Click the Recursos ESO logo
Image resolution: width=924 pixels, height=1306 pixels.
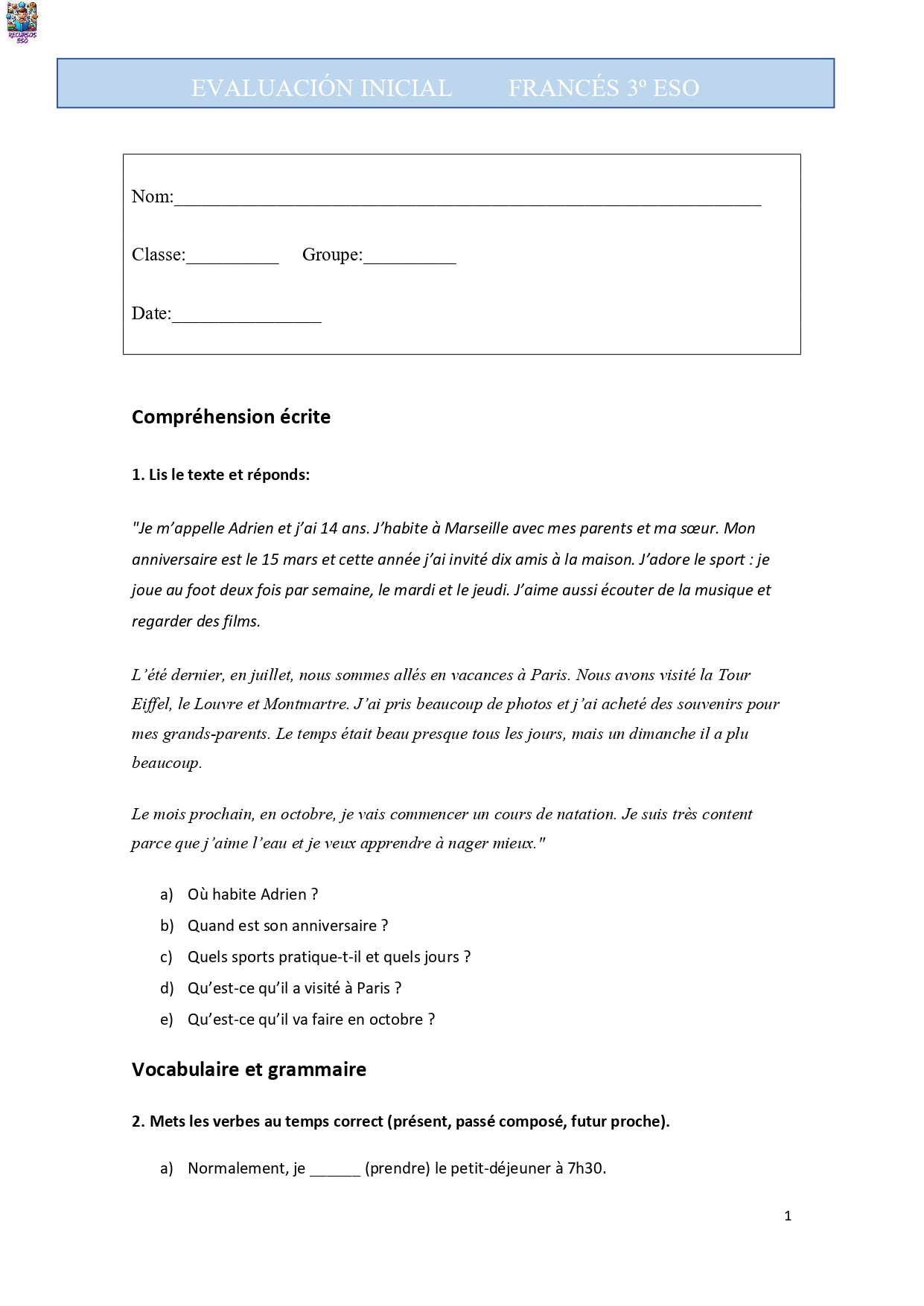tap(22, 22)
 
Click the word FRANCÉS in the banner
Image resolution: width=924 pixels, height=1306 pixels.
tap(564, 88)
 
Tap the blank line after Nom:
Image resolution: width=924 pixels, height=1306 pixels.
tap(467, 199)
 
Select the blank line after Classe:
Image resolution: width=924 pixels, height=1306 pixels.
tap(232, 257)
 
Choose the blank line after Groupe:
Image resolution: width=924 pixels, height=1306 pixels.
tap(410, 257)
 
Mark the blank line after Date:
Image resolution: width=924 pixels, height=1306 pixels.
tap(246, 316)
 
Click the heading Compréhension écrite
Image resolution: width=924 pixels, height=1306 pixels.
tap(231, 417)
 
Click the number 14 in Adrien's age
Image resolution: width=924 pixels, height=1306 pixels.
tap(328, 528)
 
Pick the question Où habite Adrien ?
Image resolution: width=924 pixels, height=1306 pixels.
tap(252, 894)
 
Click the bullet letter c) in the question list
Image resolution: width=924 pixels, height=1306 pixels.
tap(166, 957)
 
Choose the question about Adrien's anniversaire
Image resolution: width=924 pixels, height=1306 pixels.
tap(287, 926)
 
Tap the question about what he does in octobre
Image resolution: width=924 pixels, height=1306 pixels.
tap(311, 1019)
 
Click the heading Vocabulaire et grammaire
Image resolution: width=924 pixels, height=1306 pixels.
tap(249, 1069)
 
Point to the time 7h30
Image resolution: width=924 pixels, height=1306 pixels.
tap(586, 1168)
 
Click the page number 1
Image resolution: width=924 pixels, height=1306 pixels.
tap(788, 1216)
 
